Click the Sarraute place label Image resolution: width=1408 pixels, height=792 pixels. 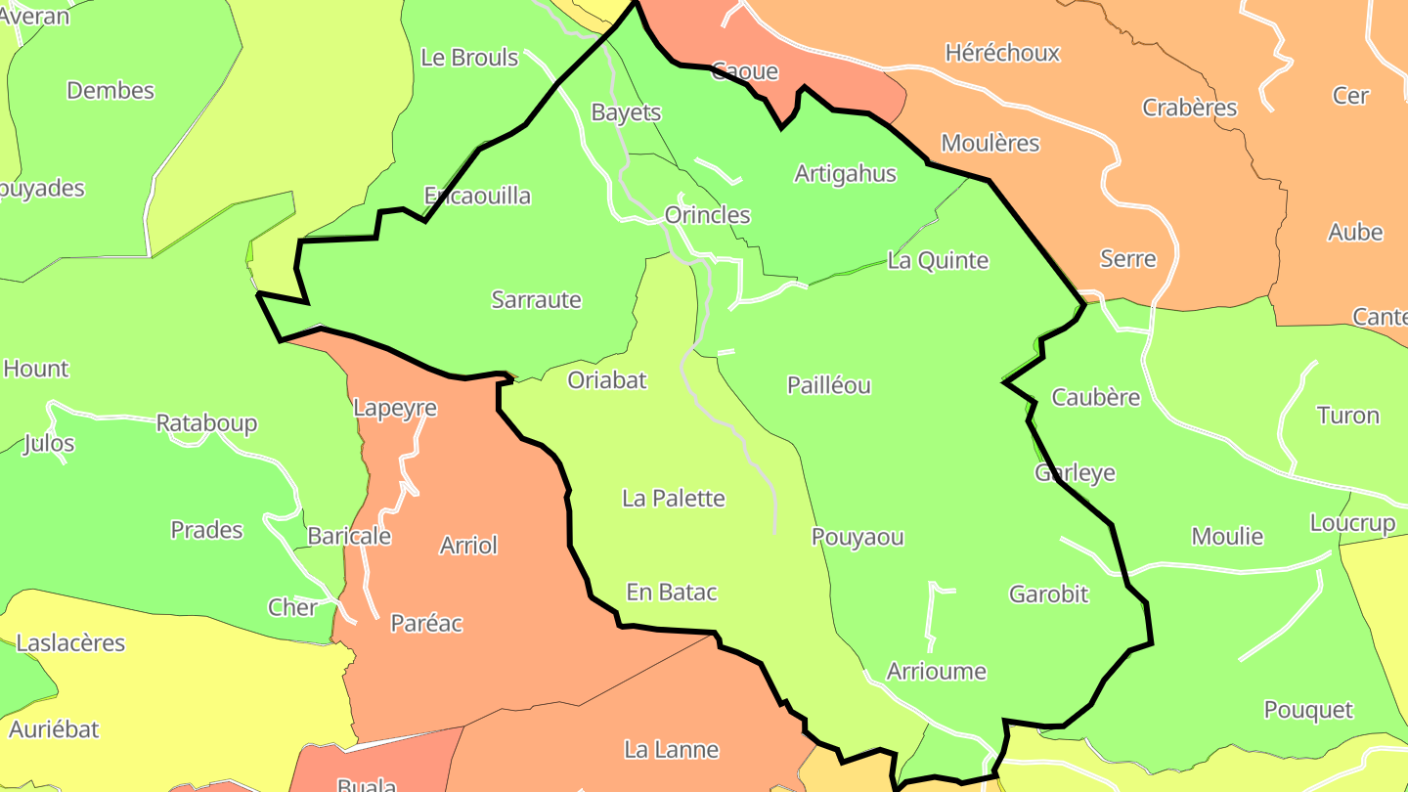tap(536, 300)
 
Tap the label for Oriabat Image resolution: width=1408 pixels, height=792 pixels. tap(607, 380)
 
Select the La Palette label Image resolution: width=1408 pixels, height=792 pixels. tap(674, 499)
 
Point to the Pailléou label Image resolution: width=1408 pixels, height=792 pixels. tap(828, 385)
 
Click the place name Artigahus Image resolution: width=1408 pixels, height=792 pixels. tap(845, 174)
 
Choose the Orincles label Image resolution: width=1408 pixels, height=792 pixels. tap(707, 215)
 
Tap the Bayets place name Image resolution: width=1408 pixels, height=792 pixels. tap(626, 112)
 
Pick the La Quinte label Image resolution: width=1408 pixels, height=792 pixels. tap(938, 261)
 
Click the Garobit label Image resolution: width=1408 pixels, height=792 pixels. tap(1048, 594)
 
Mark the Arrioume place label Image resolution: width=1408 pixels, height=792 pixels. tap(936, 672)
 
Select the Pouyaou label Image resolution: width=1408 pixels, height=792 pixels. tap(858, 537)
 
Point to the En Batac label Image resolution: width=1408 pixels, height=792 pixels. tap(672, 593)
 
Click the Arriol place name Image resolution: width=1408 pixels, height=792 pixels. tap(468, 546)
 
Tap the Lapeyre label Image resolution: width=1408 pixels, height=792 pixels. tap(394, 408)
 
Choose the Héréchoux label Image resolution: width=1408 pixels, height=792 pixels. tap(1002, 53)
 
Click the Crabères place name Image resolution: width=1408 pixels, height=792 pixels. tap(1189, 108)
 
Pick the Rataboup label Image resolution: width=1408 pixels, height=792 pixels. tap(206, 423)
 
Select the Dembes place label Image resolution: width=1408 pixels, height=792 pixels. tap(110, 91)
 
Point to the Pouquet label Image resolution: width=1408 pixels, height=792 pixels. tap(1308, 710)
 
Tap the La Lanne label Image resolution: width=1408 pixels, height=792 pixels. tap(671, 750)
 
